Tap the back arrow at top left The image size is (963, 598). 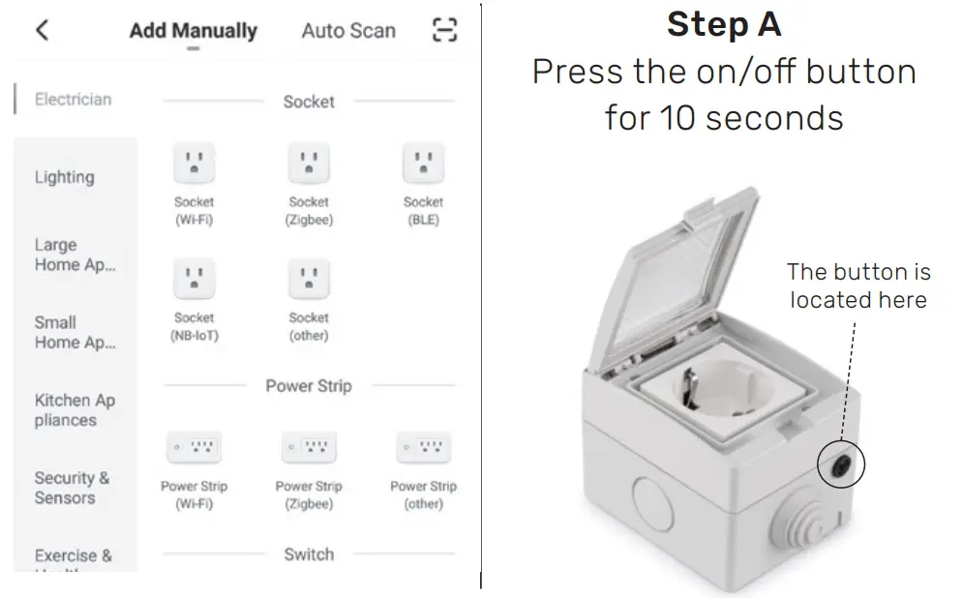click(x=42, y=30)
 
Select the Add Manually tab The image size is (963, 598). click(x=193, y=30)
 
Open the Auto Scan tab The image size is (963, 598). click(x=348, y=30)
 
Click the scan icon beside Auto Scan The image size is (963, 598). click(x=443, y=30)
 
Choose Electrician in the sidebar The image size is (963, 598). click(x=73, y=100)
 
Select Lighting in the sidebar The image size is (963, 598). click(x=65, y=177)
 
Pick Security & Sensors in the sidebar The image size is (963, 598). click(x=72, y=488)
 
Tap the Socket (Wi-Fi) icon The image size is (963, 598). click(x=194, y=164)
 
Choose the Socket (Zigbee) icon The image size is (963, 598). click(x=309, y=164)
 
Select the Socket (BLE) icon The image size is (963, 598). click(x=423, y=164)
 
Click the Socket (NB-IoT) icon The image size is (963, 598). click(x=194, y=280)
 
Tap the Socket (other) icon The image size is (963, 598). click(x=309, y=280)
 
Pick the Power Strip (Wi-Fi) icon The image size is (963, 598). click(x=194, y=448)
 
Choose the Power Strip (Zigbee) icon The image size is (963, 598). click(x=309, y=448)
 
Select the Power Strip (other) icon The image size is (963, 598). click(x=423, y=448)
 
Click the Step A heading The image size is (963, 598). click(x=723, y=24)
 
